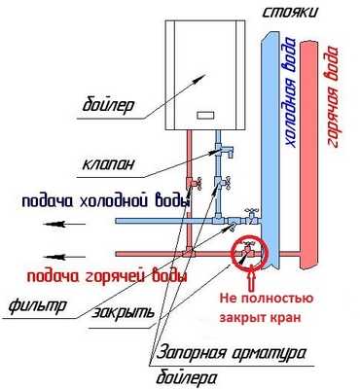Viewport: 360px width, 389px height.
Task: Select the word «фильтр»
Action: (x=36, y=305)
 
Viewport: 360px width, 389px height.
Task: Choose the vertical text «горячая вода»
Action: (x=334, y=97)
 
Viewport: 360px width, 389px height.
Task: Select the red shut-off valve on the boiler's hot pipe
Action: (x=195, y=182)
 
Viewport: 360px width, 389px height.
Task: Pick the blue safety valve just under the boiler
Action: (x=220, y=147)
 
